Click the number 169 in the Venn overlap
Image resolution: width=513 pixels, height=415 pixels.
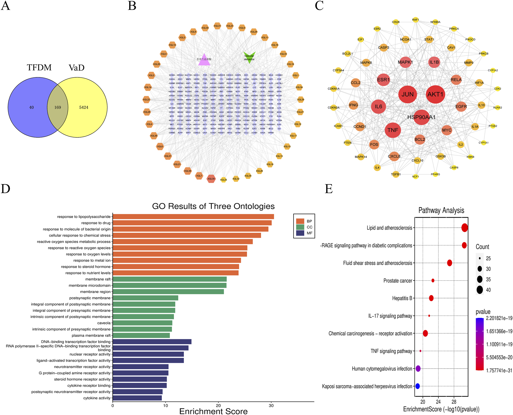58,107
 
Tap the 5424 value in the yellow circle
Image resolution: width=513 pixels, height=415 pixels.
84,107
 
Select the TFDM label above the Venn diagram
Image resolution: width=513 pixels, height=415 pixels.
39,67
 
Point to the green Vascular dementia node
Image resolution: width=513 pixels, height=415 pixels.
249,57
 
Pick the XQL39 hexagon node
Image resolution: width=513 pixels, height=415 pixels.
211,179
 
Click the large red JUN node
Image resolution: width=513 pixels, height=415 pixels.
407,94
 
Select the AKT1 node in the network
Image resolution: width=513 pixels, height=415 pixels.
435,94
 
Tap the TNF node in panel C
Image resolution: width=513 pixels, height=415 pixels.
393,130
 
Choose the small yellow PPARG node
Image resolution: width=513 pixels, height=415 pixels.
435,174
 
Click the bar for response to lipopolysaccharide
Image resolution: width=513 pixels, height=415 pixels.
193,217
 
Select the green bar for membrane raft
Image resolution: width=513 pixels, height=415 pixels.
169,279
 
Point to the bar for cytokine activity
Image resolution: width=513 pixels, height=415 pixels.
137,398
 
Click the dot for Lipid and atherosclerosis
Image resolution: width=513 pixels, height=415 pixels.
464,228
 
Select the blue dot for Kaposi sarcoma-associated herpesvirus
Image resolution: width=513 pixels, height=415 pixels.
417,386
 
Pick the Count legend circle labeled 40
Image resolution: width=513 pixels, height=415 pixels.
480,290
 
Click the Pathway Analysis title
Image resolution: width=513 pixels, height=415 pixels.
441,211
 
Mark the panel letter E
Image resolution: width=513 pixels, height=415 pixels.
329,189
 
